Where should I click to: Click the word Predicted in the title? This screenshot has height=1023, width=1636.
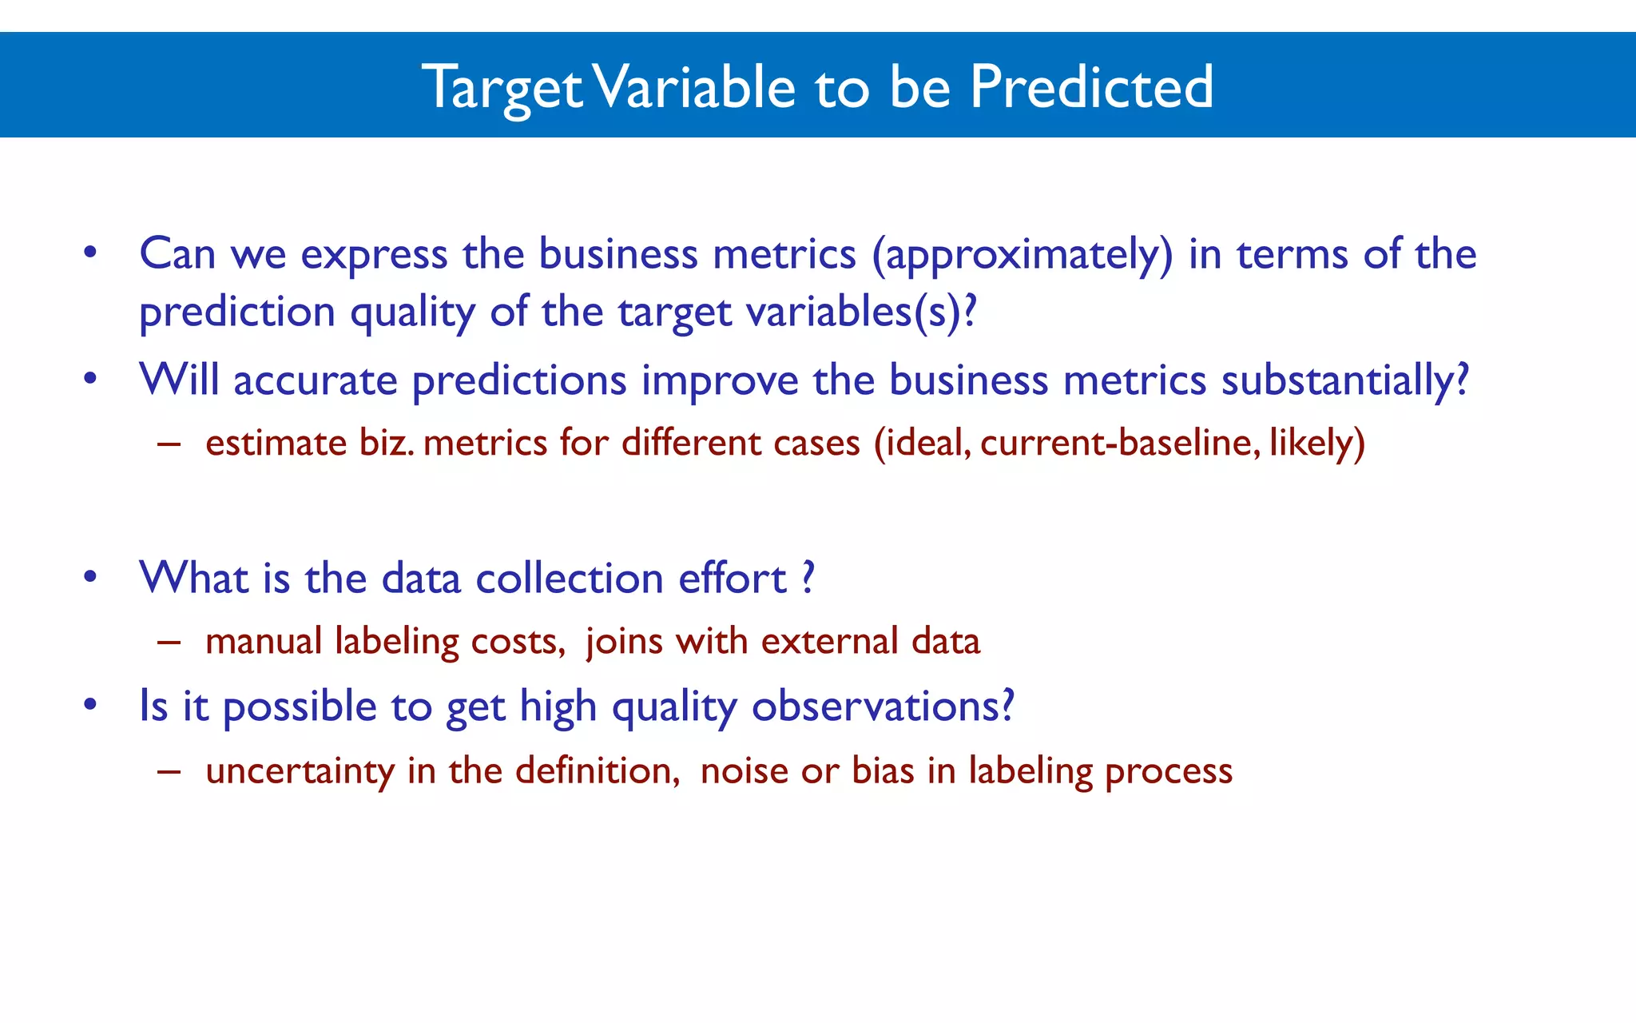point(1091,86)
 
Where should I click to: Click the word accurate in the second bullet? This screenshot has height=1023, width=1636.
point(315,381)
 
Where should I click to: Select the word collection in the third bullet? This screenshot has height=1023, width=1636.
point(569,578)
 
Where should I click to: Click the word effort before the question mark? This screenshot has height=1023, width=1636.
point(732,578)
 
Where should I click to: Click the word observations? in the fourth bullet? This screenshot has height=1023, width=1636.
point(883,707)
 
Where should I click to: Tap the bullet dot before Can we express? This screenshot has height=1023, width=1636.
point(90,254)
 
